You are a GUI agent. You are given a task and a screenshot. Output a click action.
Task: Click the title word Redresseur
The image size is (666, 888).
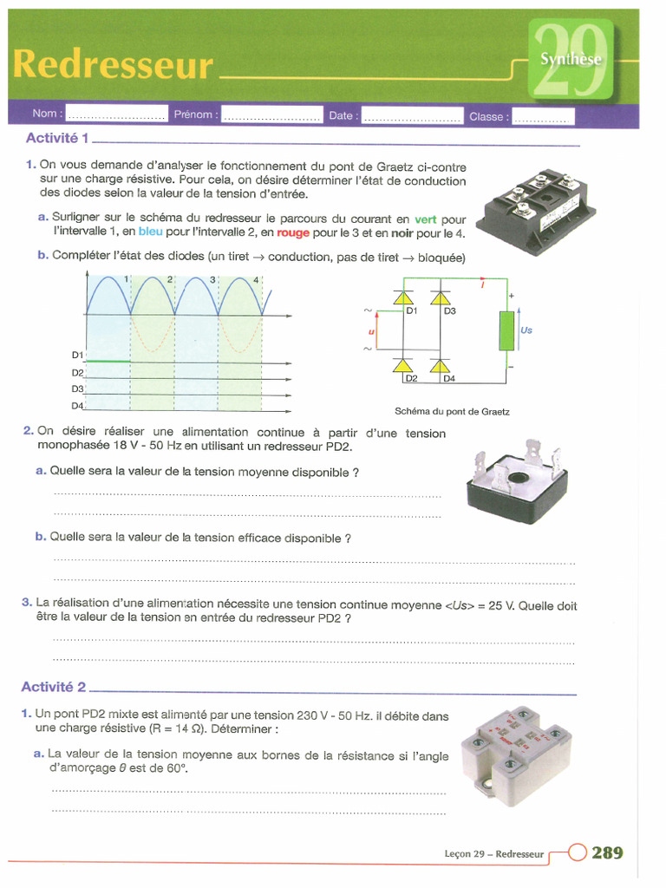(x=113, y=65)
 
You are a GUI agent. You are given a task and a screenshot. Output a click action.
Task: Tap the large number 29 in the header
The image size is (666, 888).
(x=571, y=59)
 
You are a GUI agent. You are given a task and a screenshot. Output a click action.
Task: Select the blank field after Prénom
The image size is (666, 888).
(x=271, y=114)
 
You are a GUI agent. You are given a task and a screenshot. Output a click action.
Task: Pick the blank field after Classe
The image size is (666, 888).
(x=543, y=116)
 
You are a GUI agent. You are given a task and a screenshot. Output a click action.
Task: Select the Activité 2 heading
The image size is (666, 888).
(x=54, y=687)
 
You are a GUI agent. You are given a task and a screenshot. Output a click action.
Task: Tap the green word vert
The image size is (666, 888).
(x=425, y=220)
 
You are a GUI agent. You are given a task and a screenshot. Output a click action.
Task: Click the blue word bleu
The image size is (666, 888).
(x=150, y=233)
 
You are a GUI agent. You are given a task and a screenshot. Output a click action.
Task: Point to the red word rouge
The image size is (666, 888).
(x=293, y=233)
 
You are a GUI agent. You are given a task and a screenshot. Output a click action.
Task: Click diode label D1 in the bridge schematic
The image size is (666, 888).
(x=412, y=310)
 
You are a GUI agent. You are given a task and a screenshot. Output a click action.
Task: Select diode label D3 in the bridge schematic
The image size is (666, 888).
(x=449, y=310)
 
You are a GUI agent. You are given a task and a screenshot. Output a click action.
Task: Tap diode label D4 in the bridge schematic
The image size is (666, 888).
(x=448, y=378)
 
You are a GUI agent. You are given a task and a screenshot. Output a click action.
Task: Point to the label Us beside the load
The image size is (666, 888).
(x=526, y=330)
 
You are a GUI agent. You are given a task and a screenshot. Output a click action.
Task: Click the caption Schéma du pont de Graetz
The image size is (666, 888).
(x=452, y=412)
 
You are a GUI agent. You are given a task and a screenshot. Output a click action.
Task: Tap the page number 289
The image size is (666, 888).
(x=607, y=853)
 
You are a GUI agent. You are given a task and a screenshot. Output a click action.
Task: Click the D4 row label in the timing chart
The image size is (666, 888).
(x=77, y=406)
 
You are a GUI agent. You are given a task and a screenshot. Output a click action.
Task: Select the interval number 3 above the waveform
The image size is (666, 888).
(x=212, y=280)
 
